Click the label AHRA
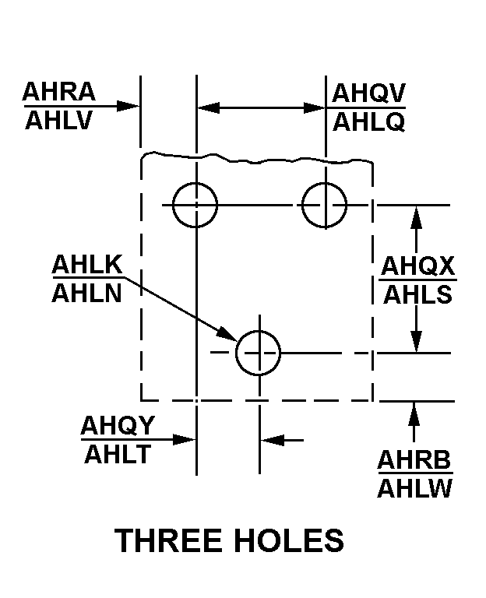[x=59, y=92]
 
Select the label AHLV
[x=58, y=120]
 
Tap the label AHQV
[x=368, y=93]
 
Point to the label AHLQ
[x=369, y=122]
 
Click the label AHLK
[x=87, y=264]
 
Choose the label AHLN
[x=86, y=294]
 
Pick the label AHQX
[x=417, y=266]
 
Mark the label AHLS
[x=417, y=295]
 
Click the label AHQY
[x=118, y=425]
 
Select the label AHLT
[x=118, y=454]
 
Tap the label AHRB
[x=414, y=459]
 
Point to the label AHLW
[x=414, y=488]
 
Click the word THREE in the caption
[x=168, y=540]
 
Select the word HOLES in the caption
[x=289, y=540]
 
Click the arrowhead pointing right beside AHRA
[x=128, y=106]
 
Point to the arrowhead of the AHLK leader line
[x=227, y=334]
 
